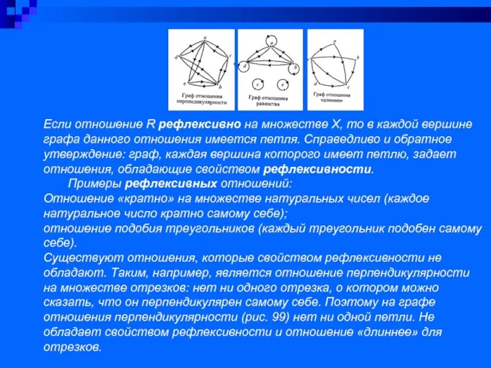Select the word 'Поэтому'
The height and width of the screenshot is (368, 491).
(347, 302)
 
